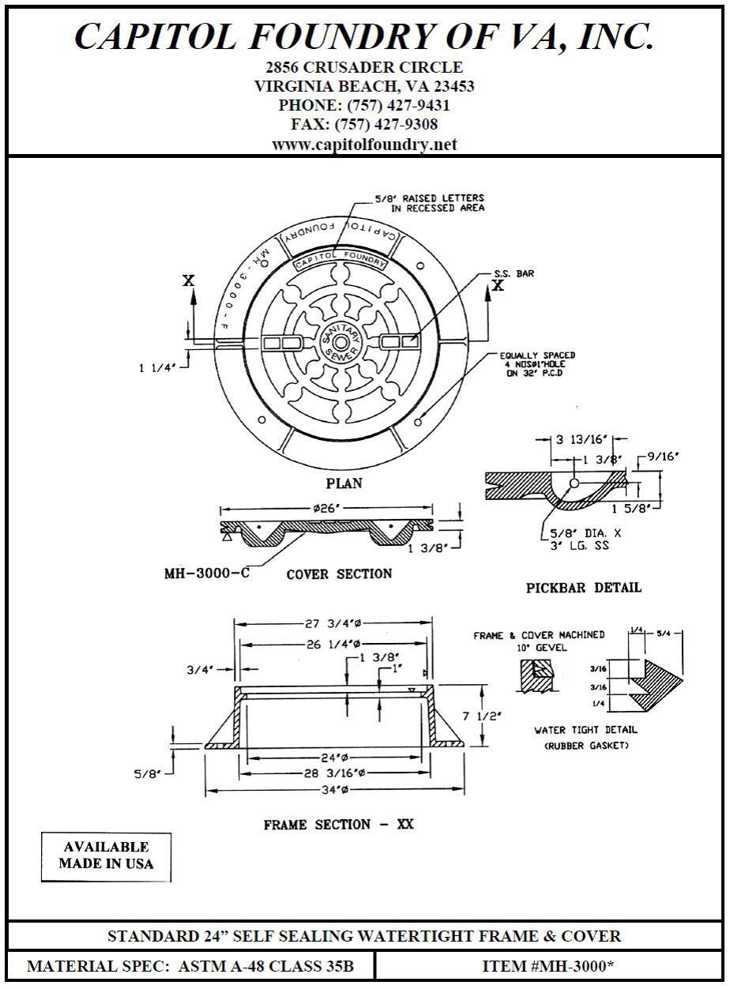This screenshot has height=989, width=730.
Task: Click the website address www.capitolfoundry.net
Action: coord(364,145)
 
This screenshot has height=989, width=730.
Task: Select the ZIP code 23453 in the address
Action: coord(448,86)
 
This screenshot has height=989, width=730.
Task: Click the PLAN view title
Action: coord(344,483)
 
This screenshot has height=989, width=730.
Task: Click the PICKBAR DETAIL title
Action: coord(583,588)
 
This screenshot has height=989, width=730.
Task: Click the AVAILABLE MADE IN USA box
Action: coord(106,856)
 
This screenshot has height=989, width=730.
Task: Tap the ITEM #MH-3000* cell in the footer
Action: coord(548,966)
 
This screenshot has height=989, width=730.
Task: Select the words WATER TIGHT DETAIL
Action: coord(585,730)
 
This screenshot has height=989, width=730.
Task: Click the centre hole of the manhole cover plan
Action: coord(341,342)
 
